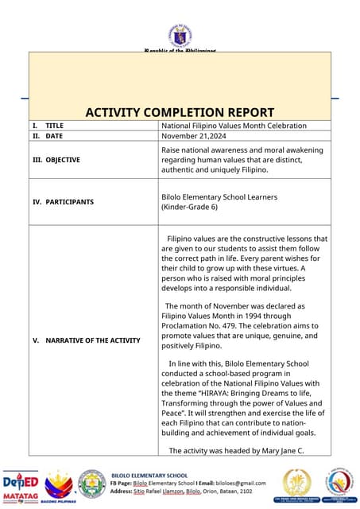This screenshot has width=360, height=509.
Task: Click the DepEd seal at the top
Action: pos(180,36)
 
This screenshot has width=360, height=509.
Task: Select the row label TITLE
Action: pos(55,126)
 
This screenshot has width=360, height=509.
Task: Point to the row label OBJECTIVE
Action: pos(63,160)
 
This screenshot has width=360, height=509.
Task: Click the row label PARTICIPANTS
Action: pos(69,202)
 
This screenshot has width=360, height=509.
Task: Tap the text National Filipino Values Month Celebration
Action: pos(234,126)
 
